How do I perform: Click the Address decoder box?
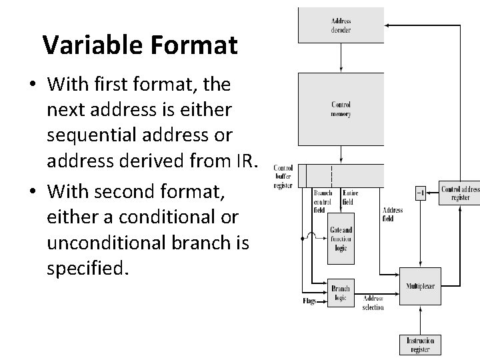pos(341,25)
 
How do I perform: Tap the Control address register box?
pos(459,193)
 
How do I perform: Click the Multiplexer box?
pos(420,285)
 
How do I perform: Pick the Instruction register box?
pos(420,345)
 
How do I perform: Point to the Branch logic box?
pos(341,293)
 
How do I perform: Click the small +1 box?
pos(420,193)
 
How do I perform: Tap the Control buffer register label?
pos(283,177)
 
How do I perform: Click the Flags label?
pos(309,301)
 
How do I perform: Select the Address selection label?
pos(373,303)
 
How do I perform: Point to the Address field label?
pos(393,213)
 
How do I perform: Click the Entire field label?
pos(350,197)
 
